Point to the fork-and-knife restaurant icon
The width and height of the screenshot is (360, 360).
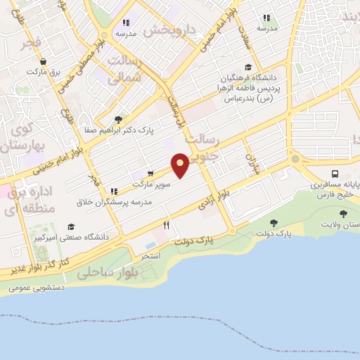pyautogui.click(x=167, y=226)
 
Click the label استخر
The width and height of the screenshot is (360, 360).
pyautogui.click(x=151, y=257)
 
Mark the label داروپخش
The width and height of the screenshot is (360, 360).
pyautogui.click(x=166, y=31)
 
